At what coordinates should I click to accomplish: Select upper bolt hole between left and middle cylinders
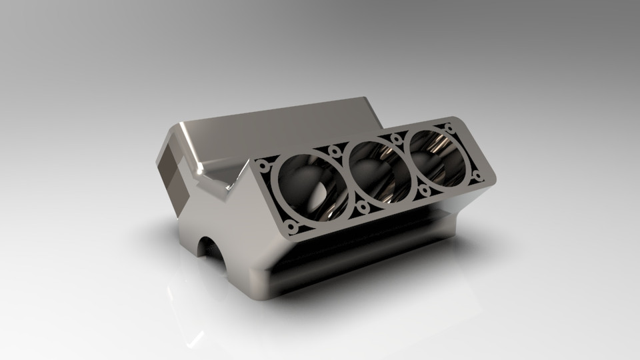(x=335, y=151)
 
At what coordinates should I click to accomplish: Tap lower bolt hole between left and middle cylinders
(x=363, y=208)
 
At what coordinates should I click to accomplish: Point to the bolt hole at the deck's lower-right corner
(x=477, y=177)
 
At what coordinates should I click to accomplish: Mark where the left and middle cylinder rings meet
(x=347, y=178)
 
